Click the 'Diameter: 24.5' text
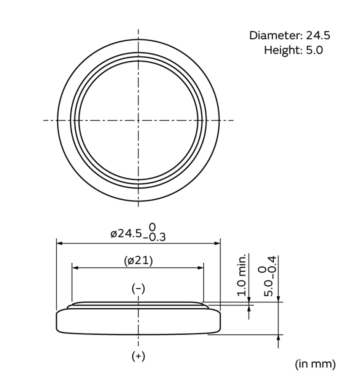pyautogui.click(x=290, y=35)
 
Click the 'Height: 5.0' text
pyautogui.click(x=293, y=50)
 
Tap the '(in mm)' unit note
pyautogui.click(x=315, y=364)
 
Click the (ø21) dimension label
pyautogui.click(x=138, y=261)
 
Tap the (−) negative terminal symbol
pyautogui.click(x=138, y=289)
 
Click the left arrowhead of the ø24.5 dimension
pyautogui.click(x=59, y=243)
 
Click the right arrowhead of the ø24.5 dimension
pyautogui.click(x=218, y=243)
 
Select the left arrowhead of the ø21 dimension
pyautogui.click(x=75, y=268)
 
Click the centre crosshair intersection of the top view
pyautogui.click(x=138, y=120)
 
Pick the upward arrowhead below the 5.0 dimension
pyautogui.click(x=279, y=337)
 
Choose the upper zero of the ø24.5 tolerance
pyautogui.click(x=152, y=227)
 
